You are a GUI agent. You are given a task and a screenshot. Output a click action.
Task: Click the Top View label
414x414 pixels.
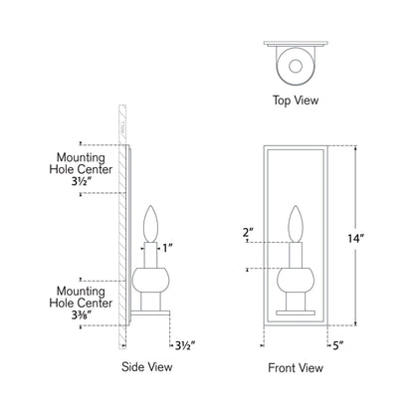296,100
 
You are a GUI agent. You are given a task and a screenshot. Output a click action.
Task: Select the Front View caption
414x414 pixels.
296,366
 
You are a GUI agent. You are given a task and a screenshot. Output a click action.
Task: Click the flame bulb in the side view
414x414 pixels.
153,222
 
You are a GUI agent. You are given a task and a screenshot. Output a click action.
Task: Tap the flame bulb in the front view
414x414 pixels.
296,222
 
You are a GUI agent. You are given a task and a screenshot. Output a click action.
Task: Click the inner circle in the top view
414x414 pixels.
296,67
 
